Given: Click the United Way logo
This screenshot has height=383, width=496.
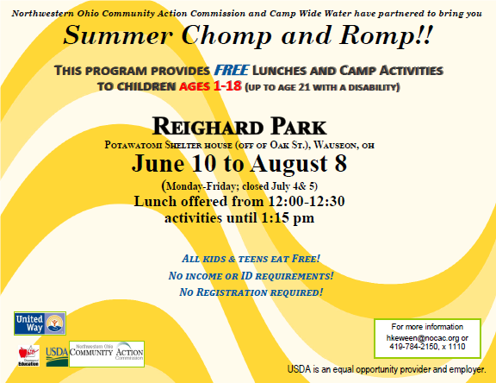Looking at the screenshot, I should click(40, 323).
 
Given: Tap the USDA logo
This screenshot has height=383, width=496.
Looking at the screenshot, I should click(57, 354).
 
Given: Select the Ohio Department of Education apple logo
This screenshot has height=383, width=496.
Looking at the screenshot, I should click(28, 355).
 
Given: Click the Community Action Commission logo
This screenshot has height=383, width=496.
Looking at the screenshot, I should click(107, 354).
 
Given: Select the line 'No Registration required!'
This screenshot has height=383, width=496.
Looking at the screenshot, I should click(251, 293).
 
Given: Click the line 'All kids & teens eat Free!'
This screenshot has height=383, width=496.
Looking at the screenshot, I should click(251, 259).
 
